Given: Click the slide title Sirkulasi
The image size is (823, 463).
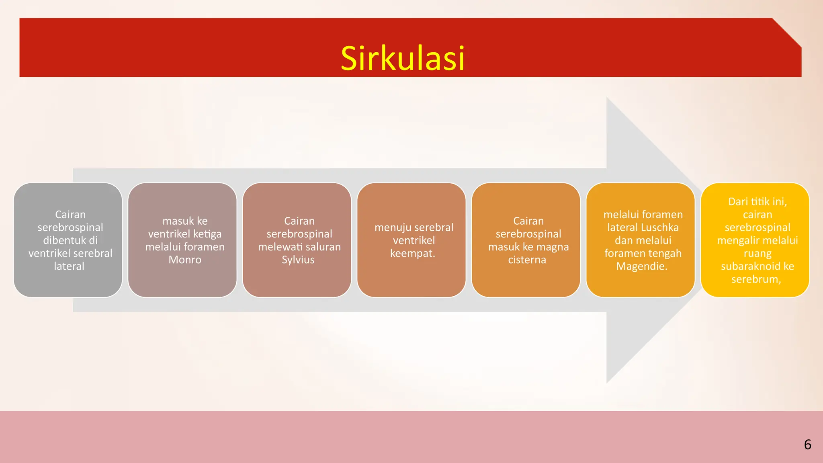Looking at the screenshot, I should (x=403, y=59).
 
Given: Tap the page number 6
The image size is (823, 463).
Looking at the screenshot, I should (x=807, y=445).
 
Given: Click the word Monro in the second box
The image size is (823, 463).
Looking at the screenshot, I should (x=185, y=260).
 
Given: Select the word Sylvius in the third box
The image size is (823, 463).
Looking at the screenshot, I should (x=298, y=260).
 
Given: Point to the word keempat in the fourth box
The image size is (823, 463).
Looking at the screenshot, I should (x=411, y=253).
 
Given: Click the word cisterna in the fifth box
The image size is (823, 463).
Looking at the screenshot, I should (x=527, y=260).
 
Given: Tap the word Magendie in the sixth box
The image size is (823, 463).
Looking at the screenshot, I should (x=641, y=266).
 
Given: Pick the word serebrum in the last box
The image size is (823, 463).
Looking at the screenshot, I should (x=755, y=279).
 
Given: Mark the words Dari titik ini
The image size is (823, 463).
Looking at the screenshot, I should (x=757, y=202).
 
